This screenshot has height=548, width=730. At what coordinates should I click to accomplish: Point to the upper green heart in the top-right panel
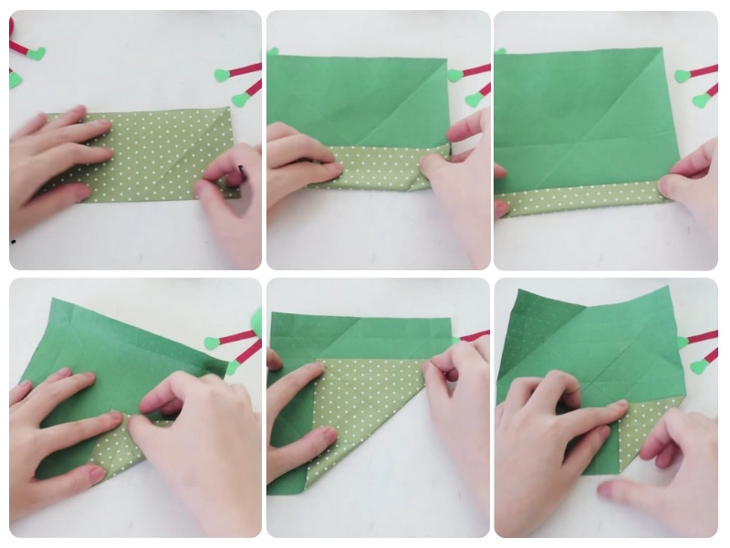pyautogui.click(x=682, y=76)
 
